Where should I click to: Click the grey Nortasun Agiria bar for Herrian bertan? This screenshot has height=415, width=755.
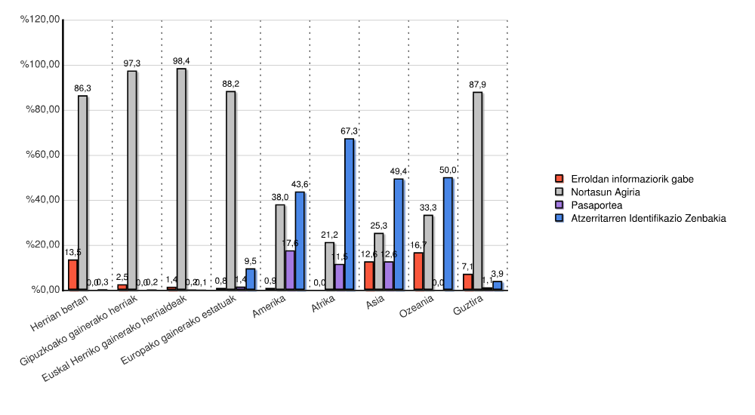(83, 192)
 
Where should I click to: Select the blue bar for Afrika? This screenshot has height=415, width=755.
(349, 214)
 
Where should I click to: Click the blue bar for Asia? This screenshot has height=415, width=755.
(399, 234)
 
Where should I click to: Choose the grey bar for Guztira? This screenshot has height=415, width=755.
(478, 191)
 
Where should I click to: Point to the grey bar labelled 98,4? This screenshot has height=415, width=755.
(181, 179)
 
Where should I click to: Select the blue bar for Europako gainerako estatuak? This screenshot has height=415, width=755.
(251, 279)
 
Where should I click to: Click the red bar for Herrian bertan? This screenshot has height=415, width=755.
(73, 275)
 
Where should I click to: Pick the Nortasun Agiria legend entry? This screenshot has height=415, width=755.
(606, 192)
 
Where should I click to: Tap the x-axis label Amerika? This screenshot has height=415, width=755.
(270, 309)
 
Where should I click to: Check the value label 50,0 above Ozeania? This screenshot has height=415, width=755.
(448, 171)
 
